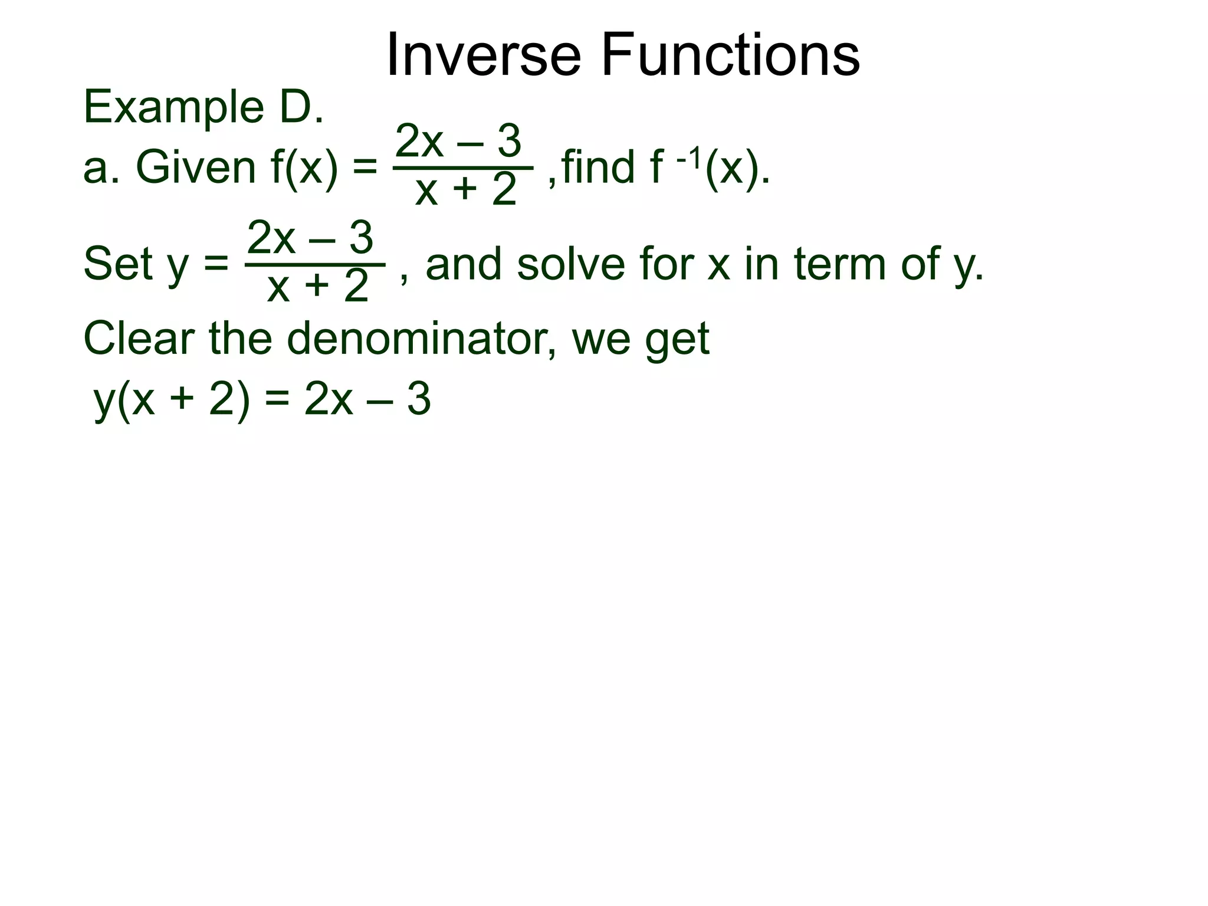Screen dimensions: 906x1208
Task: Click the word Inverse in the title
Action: [484, 55]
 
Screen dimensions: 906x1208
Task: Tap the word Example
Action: [173, 109]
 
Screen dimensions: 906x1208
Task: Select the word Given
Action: [196, 168]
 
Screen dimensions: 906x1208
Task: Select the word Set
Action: [118, 264]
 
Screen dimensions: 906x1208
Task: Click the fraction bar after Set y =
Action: [315, 265]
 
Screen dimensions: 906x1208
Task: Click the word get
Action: [678, 341]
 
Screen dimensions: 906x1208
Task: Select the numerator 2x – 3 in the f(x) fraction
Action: [458, 142]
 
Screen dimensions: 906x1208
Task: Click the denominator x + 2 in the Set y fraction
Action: [317, 287]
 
